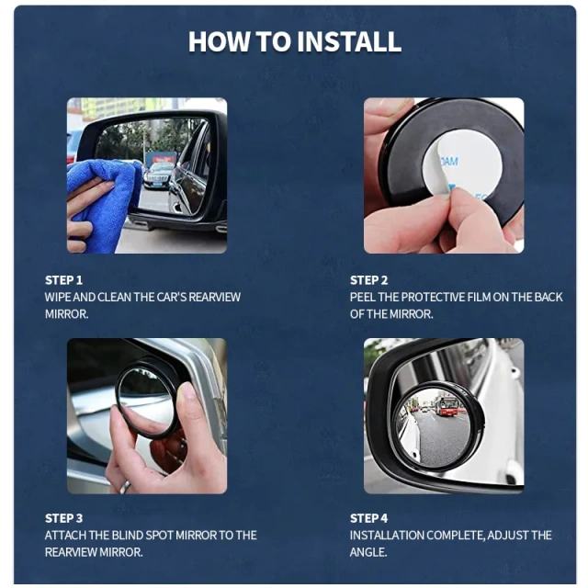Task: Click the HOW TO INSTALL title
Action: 294,41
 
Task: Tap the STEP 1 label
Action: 63,279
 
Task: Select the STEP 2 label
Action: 368,279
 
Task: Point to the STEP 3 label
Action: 63,518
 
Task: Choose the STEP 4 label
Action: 368,518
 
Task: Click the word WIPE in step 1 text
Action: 59,297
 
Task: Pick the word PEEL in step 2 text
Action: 365,297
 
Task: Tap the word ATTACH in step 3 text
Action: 66,535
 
